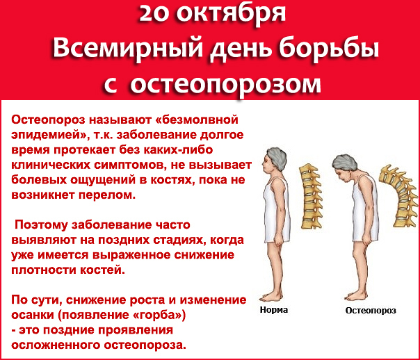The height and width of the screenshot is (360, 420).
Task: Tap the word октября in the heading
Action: click(x=231, y=15)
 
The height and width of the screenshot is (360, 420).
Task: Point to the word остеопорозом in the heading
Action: click(x=225, y=85)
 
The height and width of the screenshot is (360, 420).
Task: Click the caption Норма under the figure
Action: click(x=274, y=310)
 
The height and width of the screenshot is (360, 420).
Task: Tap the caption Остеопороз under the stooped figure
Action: click(x=371, y=311)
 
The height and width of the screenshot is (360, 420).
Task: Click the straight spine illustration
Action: click(x=311, y=196)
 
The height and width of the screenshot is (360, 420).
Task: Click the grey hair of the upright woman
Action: click(x=277, y=158)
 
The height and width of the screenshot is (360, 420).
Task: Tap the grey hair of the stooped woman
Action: click(x=345, y=163)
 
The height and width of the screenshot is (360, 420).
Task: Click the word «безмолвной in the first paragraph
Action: click(x=197, y=120)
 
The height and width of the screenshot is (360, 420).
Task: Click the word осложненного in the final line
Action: click(x=56, y=345)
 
